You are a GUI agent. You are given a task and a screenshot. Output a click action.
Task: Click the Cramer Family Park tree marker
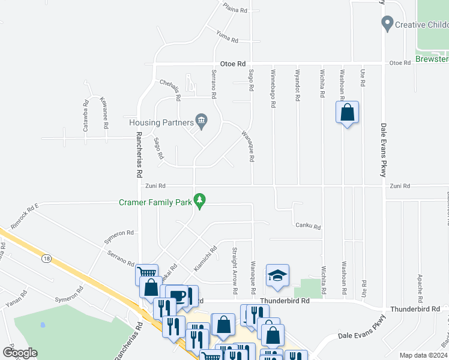pos(200,202)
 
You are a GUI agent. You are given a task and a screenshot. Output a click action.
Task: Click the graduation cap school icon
pos(277,275)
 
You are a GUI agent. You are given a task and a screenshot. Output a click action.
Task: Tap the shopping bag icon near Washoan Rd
pos(347,112)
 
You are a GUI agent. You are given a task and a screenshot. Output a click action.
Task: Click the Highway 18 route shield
pos(46,259)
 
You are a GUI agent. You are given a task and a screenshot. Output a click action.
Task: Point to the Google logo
pos(20,353)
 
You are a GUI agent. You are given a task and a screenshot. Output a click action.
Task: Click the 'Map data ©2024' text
pos(423,355)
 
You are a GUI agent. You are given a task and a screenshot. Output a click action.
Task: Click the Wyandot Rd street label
pos(297,84)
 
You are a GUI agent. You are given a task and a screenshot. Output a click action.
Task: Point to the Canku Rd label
pos(309,227)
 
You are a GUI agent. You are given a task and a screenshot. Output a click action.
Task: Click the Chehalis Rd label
pos(170,88)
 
